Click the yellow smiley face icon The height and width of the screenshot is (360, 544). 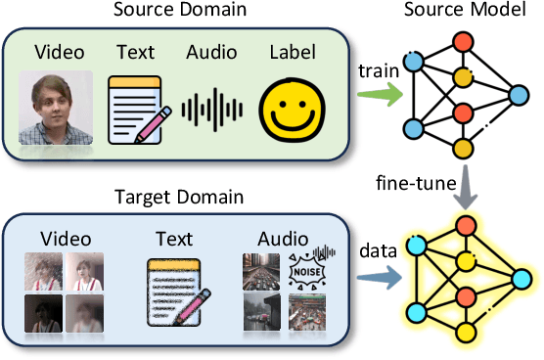[295, 108]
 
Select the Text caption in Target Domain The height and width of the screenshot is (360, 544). [177, 239]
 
